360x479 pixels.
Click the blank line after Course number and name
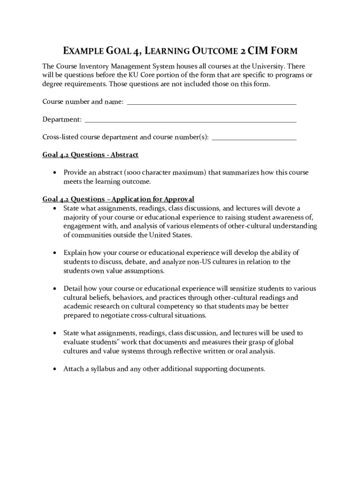tap(211, 102)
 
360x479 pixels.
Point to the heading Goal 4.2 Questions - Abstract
tap(90, 155)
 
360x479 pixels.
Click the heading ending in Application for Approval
tap(118, 199)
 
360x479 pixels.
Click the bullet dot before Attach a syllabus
tap(55, 369)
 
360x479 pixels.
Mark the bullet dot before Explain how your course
tap(55, 253)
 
